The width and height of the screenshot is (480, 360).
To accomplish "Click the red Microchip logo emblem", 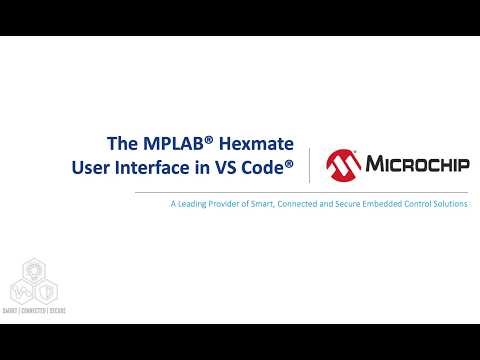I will coord(345,163).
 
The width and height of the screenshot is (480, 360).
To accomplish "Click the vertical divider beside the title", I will coord(309,165).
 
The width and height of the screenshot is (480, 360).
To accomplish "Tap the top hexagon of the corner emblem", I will coord(33,271).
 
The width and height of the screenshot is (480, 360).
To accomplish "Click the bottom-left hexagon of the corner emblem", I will coord(22,291).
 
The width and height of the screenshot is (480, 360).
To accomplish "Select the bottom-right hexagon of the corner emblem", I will coord(45,291).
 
